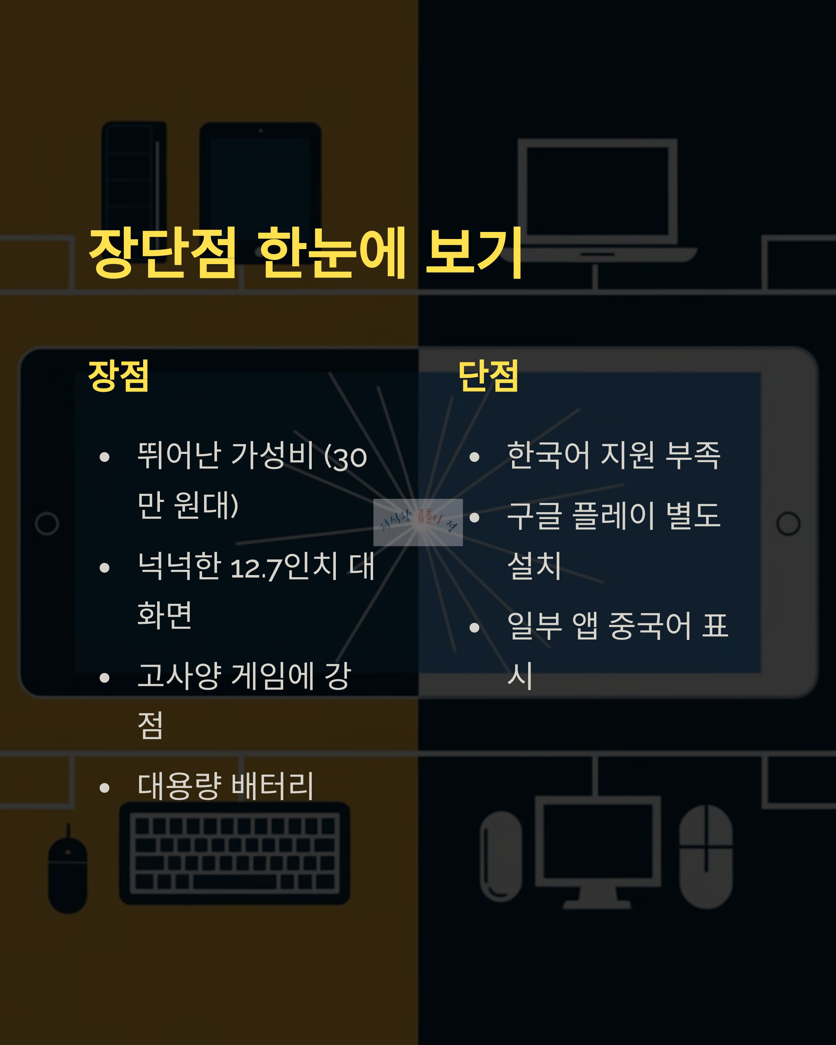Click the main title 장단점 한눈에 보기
(305, 253)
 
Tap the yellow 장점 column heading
(118, 376)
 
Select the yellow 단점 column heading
(488, 376)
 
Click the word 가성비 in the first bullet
(272, 456)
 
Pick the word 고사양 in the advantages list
(179, 676)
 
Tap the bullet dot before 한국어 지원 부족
(474, 457)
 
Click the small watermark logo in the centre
(418, 522)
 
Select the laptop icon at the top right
(597, 199)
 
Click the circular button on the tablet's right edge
(788, 524)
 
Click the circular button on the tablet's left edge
(47, 524)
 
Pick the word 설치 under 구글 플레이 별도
(534, 566)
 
